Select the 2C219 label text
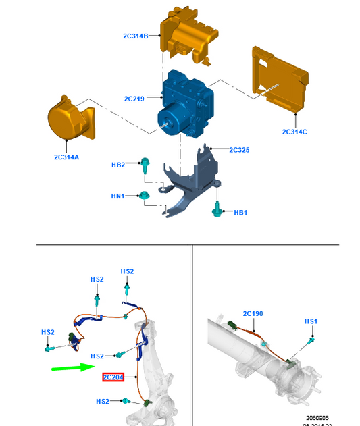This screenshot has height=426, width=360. (134, 99)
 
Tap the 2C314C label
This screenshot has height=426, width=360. (294, 132)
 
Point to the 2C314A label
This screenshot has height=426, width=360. (67, 157)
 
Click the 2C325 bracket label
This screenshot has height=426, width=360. (239, 149)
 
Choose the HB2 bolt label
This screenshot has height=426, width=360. (118, 165)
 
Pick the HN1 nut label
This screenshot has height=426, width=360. (118, 196)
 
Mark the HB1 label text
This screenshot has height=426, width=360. (240, 213)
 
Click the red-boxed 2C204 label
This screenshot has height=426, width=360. (113, 377)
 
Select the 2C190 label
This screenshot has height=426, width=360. (253, 314)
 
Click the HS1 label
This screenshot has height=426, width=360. (311, 321)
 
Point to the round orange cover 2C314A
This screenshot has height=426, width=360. (69, 122)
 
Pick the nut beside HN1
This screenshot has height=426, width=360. (143, 196)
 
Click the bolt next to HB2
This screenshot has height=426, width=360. (145, 165)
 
